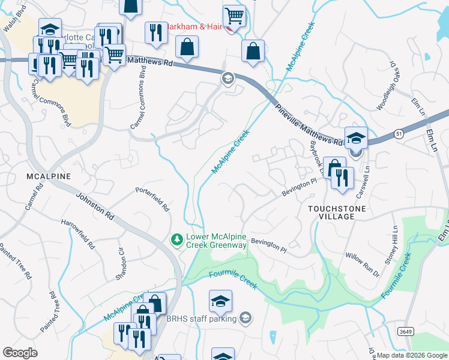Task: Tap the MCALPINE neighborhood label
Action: click(48, 176)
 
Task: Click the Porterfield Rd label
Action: click(152, 199)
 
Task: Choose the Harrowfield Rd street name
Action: click(78, 234)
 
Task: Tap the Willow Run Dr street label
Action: click(362, 264)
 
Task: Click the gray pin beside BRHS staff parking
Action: click(245, 318)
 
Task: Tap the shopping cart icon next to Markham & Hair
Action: click(234, 17)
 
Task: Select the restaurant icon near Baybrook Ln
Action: click(342, 178)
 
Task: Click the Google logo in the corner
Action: click(20, 353)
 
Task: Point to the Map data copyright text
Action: click(412, 355)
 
